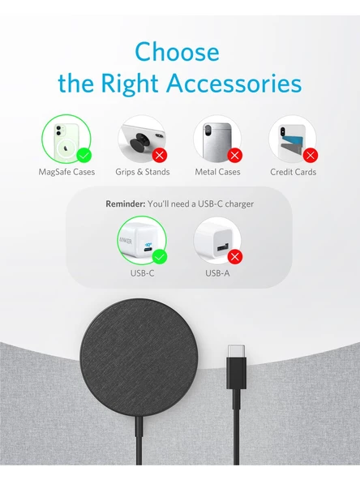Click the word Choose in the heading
pos(177,52)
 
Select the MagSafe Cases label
pos(66,172)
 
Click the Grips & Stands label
pos(143,172)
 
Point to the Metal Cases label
pos(217,172)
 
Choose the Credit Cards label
pos(293,172)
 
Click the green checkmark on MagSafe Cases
pos(83,154)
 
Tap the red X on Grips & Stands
pos(159,154)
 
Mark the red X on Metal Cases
pos(234,154)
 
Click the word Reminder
pos(124,204)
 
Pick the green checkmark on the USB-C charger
pos(160,257)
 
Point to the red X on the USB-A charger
pos(235,257)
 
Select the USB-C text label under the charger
pos(142,273)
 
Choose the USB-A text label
pos(217,273)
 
